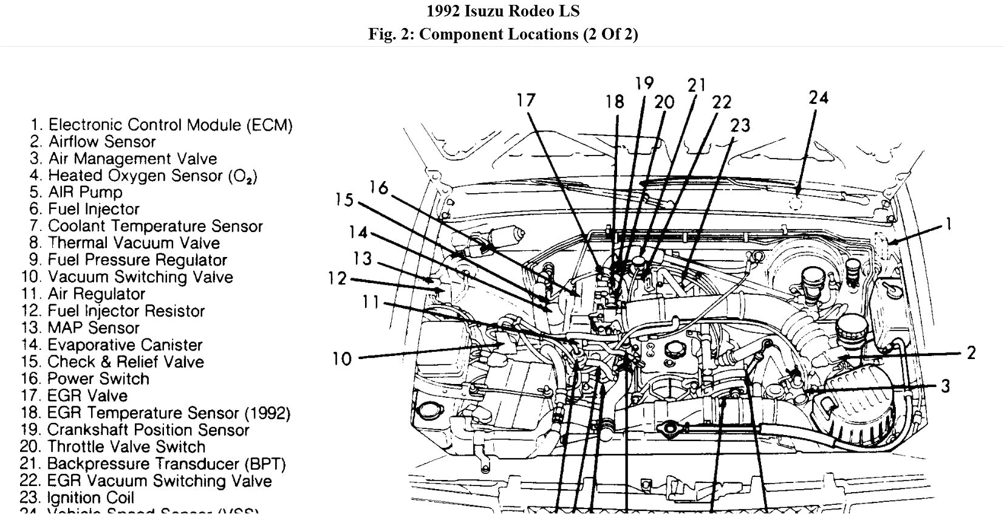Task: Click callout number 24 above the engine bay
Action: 818,97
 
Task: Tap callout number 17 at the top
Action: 526,100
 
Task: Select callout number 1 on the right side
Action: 948,224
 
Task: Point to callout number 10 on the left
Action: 342,359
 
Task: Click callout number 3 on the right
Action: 945,386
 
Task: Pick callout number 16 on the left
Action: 378,188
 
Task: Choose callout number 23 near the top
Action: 740,126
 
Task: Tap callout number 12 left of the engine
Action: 337,279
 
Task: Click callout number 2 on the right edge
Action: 971,352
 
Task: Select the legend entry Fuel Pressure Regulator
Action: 137,260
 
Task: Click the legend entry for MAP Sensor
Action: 93,328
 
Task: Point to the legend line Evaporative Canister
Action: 125,345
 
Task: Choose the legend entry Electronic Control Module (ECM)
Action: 169,125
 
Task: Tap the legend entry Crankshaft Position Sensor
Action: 148,430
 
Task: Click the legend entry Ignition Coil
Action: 90,498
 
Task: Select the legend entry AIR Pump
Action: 85,193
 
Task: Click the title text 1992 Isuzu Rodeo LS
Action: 502,11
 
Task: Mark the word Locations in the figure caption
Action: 542,34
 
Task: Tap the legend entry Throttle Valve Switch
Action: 126,447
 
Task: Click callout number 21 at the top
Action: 697,86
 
